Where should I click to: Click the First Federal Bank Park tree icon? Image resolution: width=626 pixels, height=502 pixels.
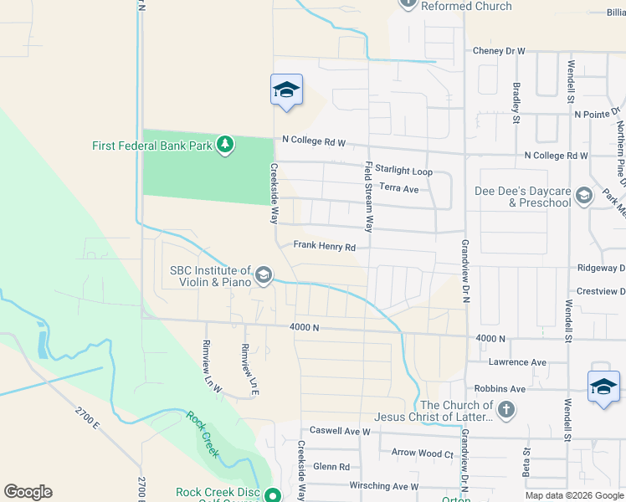point(224,146)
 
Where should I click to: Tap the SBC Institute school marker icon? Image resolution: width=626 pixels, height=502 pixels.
point(264,275)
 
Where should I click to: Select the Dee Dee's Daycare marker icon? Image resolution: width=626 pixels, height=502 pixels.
point(584,197)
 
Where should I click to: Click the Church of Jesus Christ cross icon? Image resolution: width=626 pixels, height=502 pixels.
point(505,411)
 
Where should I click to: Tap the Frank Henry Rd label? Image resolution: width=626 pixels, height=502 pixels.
point(325,247)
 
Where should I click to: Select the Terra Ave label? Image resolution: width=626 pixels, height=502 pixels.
point(398,188)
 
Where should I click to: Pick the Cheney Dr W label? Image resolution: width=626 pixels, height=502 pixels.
point(499,51)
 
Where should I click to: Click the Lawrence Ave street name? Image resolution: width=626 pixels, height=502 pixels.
point(517,362)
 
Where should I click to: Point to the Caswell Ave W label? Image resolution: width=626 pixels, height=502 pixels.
point(339,432)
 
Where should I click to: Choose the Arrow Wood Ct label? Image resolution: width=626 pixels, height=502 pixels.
point(422,453)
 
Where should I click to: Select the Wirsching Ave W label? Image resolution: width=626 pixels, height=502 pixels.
point(382,486)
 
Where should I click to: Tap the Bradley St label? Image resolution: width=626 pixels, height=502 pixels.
point(516,101)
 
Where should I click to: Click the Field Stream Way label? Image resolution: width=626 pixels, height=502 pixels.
point(367,196)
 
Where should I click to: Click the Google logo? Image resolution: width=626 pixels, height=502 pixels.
point(28,492)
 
